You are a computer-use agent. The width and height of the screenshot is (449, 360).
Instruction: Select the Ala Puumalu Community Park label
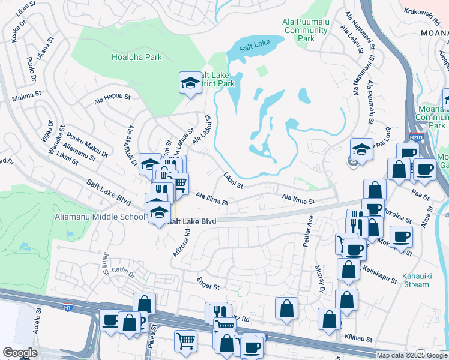[x=306, y=30]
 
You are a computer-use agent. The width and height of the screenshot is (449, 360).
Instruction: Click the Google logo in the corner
[x=20, y=353]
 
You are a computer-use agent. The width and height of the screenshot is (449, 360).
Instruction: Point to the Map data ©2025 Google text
[x=411, y=355]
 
